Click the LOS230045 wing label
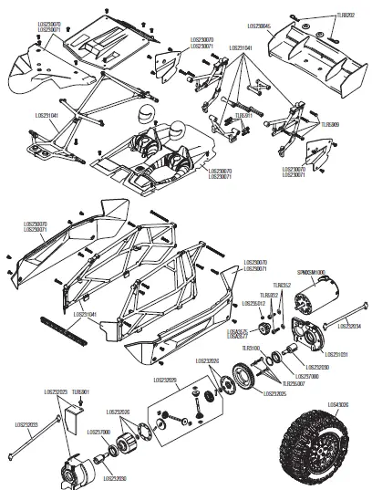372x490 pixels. click(261, 26)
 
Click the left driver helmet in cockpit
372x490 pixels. click(144, 117)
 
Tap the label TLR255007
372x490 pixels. click(294, 382)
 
